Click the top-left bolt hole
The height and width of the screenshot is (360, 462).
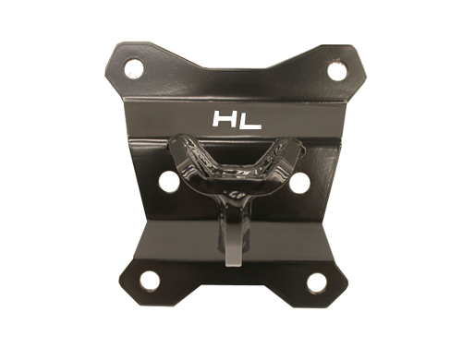tap(134, 68)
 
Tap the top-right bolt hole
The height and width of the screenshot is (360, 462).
tap(337, 71)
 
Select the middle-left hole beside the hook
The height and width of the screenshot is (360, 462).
tap(169, 181)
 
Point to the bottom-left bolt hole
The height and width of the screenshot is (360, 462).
tap(150, 281)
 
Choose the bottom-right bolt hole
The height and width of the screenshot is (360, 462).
tap(317, 282)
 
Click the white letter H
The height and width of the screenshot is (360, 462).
tap(225, 119)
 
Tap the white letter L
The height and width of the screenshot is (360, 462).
tap(249, 121)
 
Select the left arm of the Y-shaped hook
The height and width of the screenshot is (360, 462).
tap(185, 157)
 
